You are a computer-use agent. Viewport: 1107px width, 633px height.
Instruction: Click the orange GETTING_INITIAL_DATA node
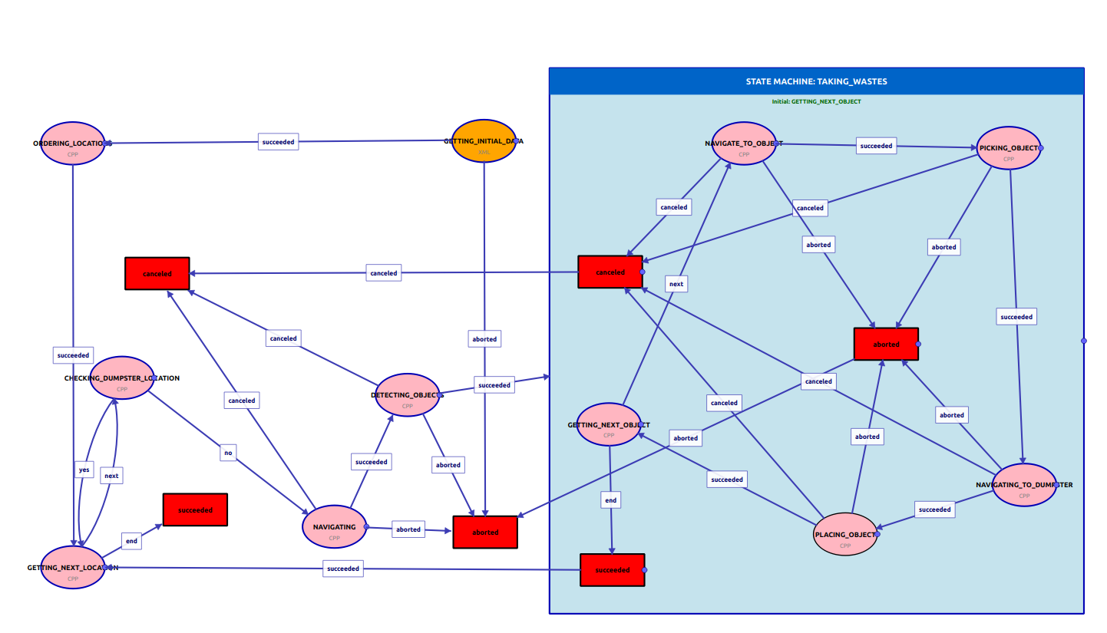[484, 142]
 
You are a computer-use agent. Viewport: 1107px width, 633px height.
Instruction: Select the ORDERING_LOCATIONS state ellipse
[72, 143]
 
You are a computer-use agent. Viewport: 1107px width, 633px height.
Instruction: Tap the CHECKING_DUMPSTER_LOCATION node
[122, 378]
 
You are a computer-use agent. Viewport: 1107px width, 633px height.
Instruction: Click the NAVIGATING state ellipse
[334, 527]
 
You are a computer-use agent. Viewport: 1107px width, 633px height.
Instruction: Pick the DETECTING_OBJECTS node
[407, 396]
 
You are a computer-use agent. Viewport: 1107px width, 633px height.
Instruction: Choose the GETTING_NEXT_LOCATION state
[72, 568]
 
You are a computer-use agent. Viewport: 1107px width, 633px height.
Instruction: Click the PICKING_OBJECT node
[1008, 148]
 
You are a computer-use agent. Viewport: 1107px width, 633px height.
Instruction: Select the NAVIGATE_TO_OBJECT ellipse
[743, 143]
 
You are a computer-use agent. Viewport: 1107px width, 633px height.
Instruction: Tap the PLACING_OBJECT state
[844, 535]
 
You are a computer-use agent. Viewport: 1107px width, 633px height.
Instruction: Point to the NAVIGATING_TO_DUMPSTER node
[1023, 485]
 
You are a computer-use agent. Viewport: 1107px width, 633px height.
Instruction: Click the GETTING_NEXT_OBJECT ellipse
[608, 425]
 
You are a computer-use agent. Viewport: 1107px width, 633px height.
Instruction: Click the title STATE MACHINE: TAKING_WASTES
[816, 81]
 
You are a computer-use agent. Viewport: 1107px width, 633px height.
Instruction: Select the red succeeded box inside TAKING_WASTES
[612, 570]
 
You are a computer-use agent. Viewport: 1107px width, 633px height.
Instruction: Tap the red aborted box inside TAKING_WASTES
[886, 345]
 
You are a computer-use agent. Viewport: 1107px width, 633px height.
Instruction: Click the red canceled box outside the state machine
[157, 273]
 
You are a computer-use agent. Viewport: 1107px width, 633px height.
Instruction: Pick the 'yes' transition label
[84, 470]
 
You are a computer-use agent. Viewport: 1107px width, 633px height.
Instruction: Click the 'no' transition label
[227, 453]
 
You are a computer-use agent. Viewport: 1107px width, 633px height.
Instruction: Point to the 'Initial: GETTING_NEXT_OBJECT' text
[816, 101]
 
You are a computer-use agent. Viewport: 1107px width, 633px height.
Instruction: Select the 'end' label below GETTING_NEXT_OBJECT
[610, 500]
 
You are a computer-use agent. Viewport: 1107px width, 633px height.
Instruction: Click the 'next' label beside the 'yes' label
[111, 476]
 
